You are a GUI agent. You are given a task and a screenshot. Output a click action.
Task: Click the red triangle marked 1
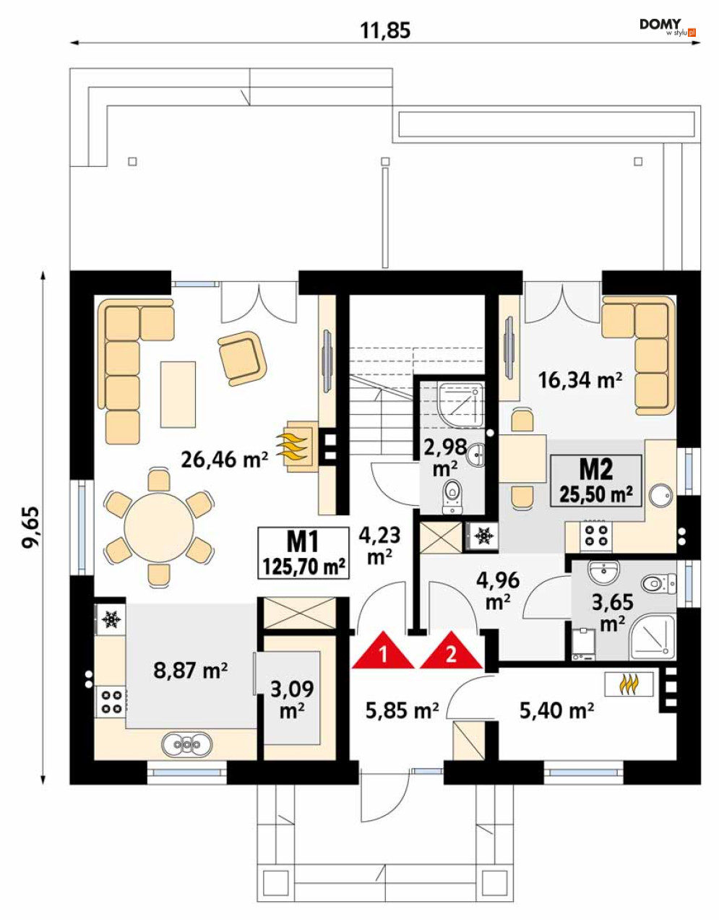pyautogui.click(x=382, y=652)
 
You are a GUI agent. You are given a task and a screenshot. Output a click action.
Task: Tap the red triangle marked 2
pyautogui.click(x=451, y=652)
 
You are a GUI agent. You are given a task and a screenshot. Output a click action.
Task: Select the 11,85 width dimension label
pyautogui.click(x=385, y=30)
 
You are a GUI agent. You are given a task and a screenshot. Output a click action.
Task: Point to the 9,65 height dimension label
pyautogui.click(x=31, y=527)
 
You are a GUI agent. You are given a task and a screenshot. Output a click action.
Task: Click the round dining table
pyautogui.click(x=159, y=528)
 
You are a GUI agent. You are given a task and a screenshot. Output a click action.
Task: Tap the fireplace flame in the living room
pyautogui.click(x=292, y=446)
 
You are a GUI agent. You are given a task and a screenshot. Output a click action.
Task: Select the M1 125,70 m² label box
pyautogui.click(x=303, y=553)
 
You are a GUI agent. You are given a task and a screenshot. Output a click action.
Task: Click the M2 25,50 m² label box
pyautogui.click(x=596, y=481)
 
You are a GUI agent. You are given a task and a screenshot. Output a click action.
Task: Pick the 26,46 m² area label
pyautogui.click(x=224, y=460)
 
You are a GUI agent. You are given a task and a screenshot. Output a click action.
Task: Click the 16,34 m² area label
pyautogui.click(x=580, y=379)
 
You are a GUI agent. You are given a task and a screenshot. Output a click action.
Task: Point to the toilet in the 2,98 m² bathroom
pyautogui.click(x=452, y=496)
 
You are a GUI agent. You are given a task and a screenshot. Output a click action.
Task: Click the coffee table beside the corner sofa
pyautogui.click(x=178, y=394)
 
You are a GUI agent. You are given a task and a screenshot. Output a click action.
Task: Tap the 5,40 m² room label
pyautogui.click(x=556, y=711)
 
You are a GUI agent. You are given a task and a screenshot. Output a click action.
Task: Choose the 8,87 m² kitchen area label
pyautogui.click(x=191, y=670)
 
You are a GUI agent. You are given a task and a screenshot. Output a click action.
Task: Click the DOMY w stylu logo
pyautogui.click(x=668, y=27)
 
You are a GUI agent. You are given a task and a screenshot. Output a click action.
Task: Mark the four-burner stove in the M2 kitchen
pyautogui.click(x=595, y=535)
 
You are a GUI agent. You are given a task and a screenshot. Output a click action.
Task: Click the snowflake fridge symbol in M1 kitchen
pyautogui.click(x=111, y=619)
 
